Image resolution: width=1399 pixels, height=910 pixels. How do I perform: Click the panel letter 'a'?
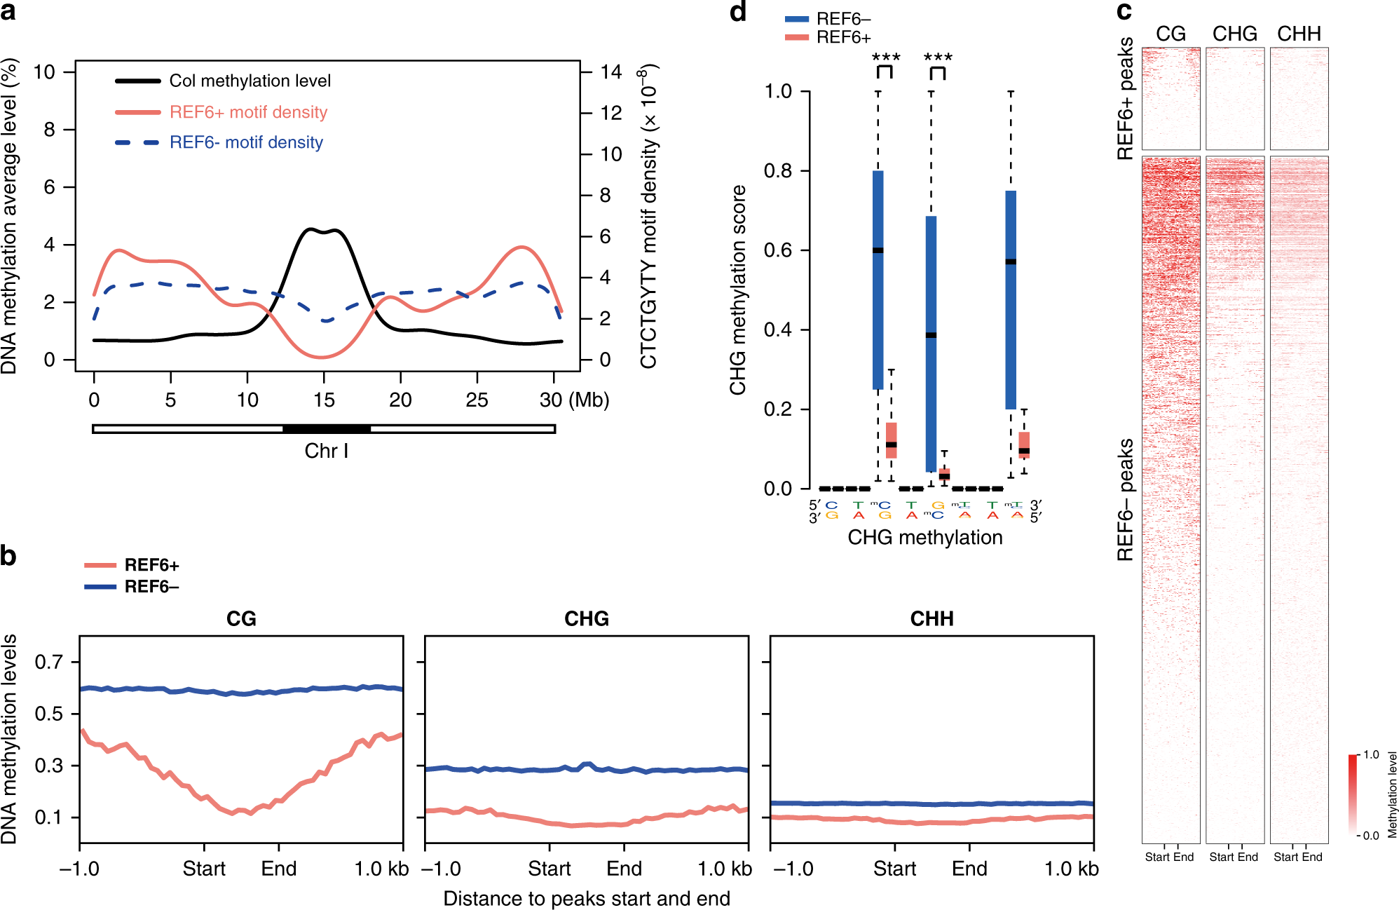click(8, 12)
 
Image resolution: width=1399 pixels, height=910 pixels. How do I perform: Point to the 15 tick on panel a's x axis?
click(324, 400)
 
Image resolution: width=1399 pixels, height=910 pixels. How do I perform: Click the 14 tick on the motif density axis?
click(611, 72)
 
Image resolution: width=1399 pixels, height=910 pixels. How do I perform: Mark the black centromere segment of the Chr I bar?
click(326, 428)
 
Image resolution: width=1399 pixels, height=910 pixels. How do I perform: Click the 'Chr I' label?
click(326, 451)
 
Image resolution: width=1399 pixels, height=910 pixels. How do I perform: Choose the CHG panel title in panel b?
click(587, 619)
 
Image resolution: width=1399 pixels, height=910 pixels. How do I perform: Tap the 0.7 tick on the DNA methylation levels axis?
click(49, 662)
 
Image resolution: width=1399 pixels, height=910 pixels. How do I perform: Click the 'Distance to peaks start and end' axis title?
click(587, 899)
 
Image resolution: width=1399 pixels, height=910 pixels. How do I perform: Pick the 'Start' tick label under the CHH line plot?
click(894, 869)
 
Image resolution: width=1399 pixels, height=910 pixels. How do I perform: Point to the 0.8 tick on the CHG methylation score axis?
click(777, 171)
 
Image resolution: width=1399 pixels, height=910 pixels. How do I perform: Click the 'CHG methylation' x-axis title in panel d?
click(924, 538)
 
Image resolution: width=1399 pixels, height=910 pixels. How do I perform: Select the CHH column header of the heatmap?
click(1299, 34)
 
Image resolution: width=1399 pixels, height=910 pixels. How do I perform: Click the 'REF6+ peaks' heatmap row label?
click(1126, 99)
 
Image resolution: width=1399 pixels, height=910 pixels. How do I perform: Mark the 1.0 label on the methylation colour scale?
click(1371, 755)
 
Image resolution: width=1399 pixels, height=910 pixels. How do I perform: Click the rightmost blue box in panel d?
click(1011, 299)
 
